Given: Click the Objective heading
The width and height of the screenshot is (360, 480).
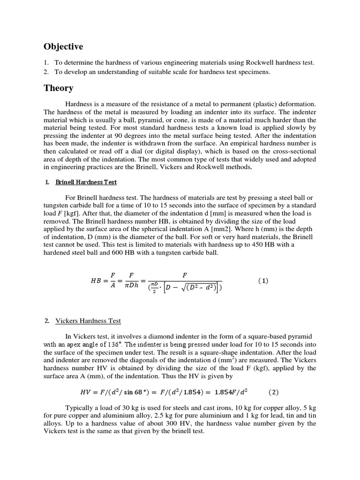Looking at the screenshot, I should (63, 46).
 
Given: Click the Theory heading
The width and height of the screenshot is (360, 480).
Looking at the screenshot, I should (58, 88).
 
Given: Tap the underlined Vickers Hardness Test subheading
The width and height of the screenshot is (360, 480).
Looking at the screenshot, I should (88, 321).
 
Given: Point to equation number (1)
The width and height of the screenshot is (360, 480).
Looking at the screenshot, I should (263, 281).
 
